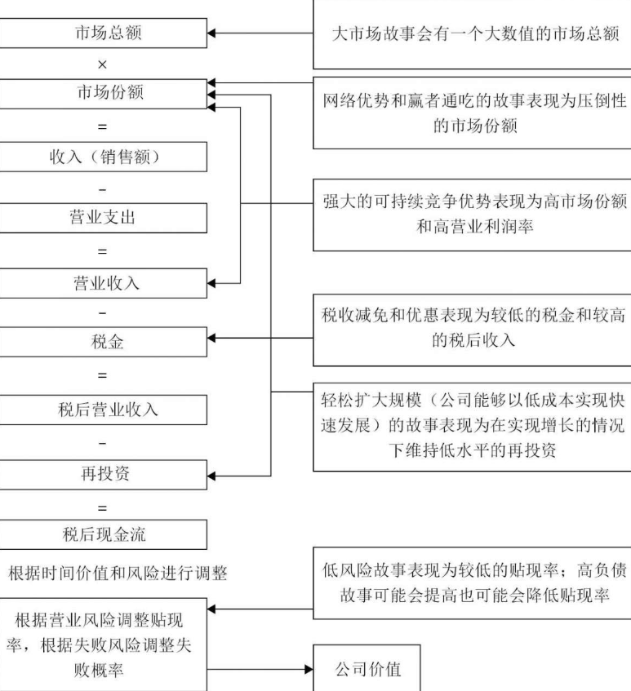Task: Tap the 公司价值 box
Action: (368, 671)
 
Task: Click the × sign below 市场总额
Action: (102, 63)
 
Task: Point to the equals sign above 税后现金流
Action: (102, 507)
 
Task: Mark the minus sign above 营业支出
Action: (102, 188)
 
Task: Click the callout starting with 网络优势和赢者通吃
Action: (472, 113)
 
